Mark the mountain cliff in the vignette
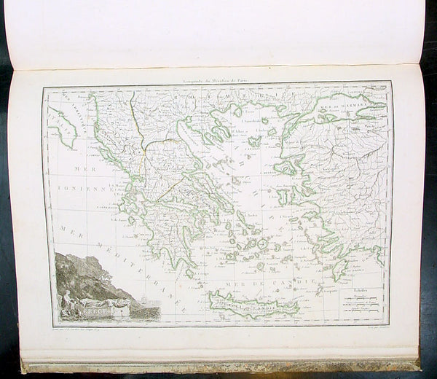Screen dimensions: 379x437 [x=84, y=270]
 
